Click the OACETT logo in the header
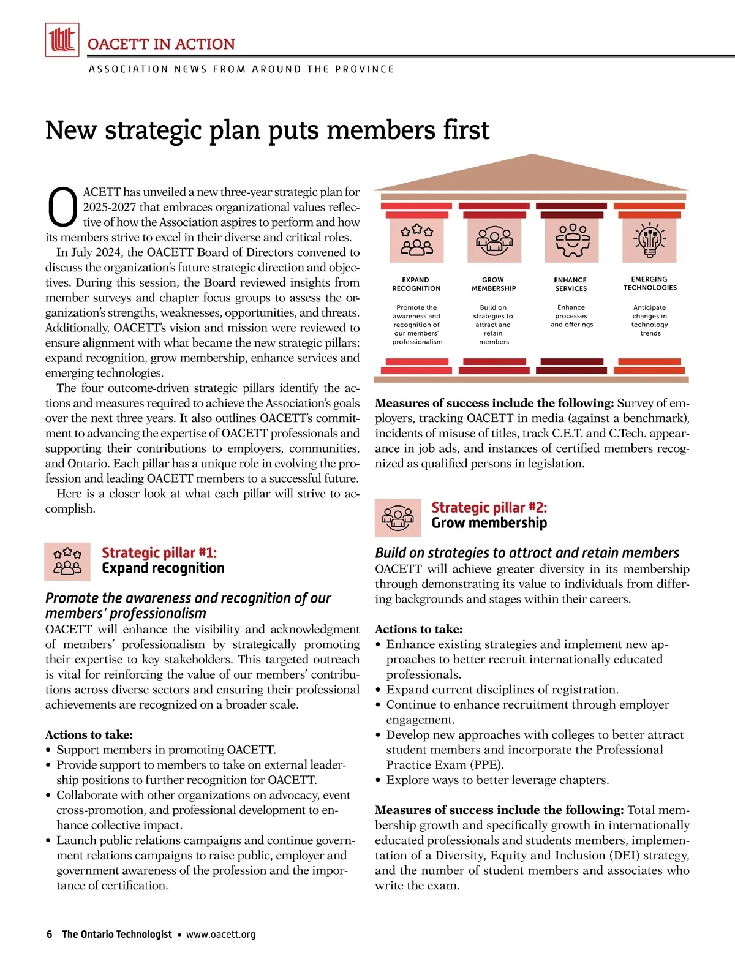62,40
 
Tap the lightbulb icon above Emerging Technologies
649,240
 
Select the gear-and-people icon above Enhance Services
571,240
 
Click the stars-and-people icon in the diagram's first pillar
417,240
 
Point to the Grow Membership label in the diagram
494,284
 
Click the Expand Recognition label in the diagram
417,284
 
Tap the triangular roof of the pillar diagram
531,174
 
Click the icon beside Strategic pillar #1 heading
67,561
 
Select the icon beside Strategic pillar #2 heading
398,517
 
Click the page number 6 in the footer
50,934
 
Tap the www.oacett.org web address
221,934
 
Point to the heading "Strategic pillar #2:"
489,507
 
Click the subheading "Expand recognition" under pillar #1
163,568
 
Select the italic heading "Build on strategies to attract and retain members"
527,552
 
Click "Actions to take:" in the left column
89,734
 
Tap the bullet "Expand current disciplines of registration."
502,689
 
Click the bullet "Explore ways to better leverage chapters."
497,780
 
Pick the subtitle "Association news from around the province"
241,69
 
